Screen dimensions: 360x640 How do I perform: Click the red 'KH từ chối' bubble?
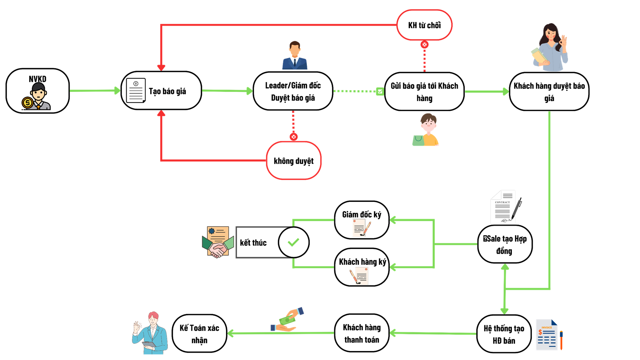[x=424, y=25]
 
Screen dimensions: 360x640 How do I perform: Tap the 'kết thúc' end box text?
[x=254, y=243]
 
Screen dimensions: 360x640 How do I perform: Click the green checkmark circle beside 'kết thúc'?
[x=293, y=242]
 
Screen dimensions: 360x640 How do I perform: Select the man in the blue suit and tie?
[x=295, y=56]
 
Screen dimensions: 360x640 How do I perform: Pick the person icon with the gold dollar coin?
[x=37, y=97]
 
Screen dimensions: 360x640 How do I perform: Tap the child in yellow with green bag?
[x=427, y=130]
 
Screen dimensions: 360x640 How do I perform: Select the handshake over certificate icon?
[x=218, y=242]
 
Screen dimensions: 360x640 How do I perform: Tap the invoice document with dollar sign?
[x=548, y=335]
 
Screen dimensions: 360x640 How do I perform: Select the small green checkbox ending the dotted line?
[x=380, y=91]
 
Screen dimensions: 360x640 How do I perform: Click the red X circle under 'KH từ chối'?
[x=425, y=45]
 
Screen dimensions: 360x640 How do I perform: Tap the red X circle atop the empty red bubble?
[x=294, y=137]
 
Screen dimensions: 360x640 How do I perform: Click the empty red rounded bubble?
[x=294, y=161]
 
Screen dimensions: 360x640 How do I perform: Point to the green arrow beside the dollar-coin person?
[x=95, y=91]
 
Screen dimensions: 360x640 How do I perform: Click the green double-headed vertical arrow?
[x=505, y=289]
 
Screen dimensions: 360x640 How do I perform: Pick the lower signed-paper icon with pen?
[x=359, y=276]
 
